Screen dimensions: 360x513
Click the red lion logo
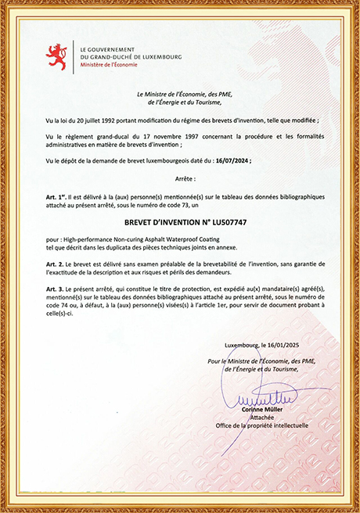click(56, 56)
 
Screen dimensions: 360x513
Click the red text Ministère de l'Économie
click(106, 65)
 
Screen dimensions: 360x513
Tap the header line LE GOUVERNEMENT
click(108, 48)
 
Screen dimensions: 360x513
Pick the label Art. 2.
click(56, 267)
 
